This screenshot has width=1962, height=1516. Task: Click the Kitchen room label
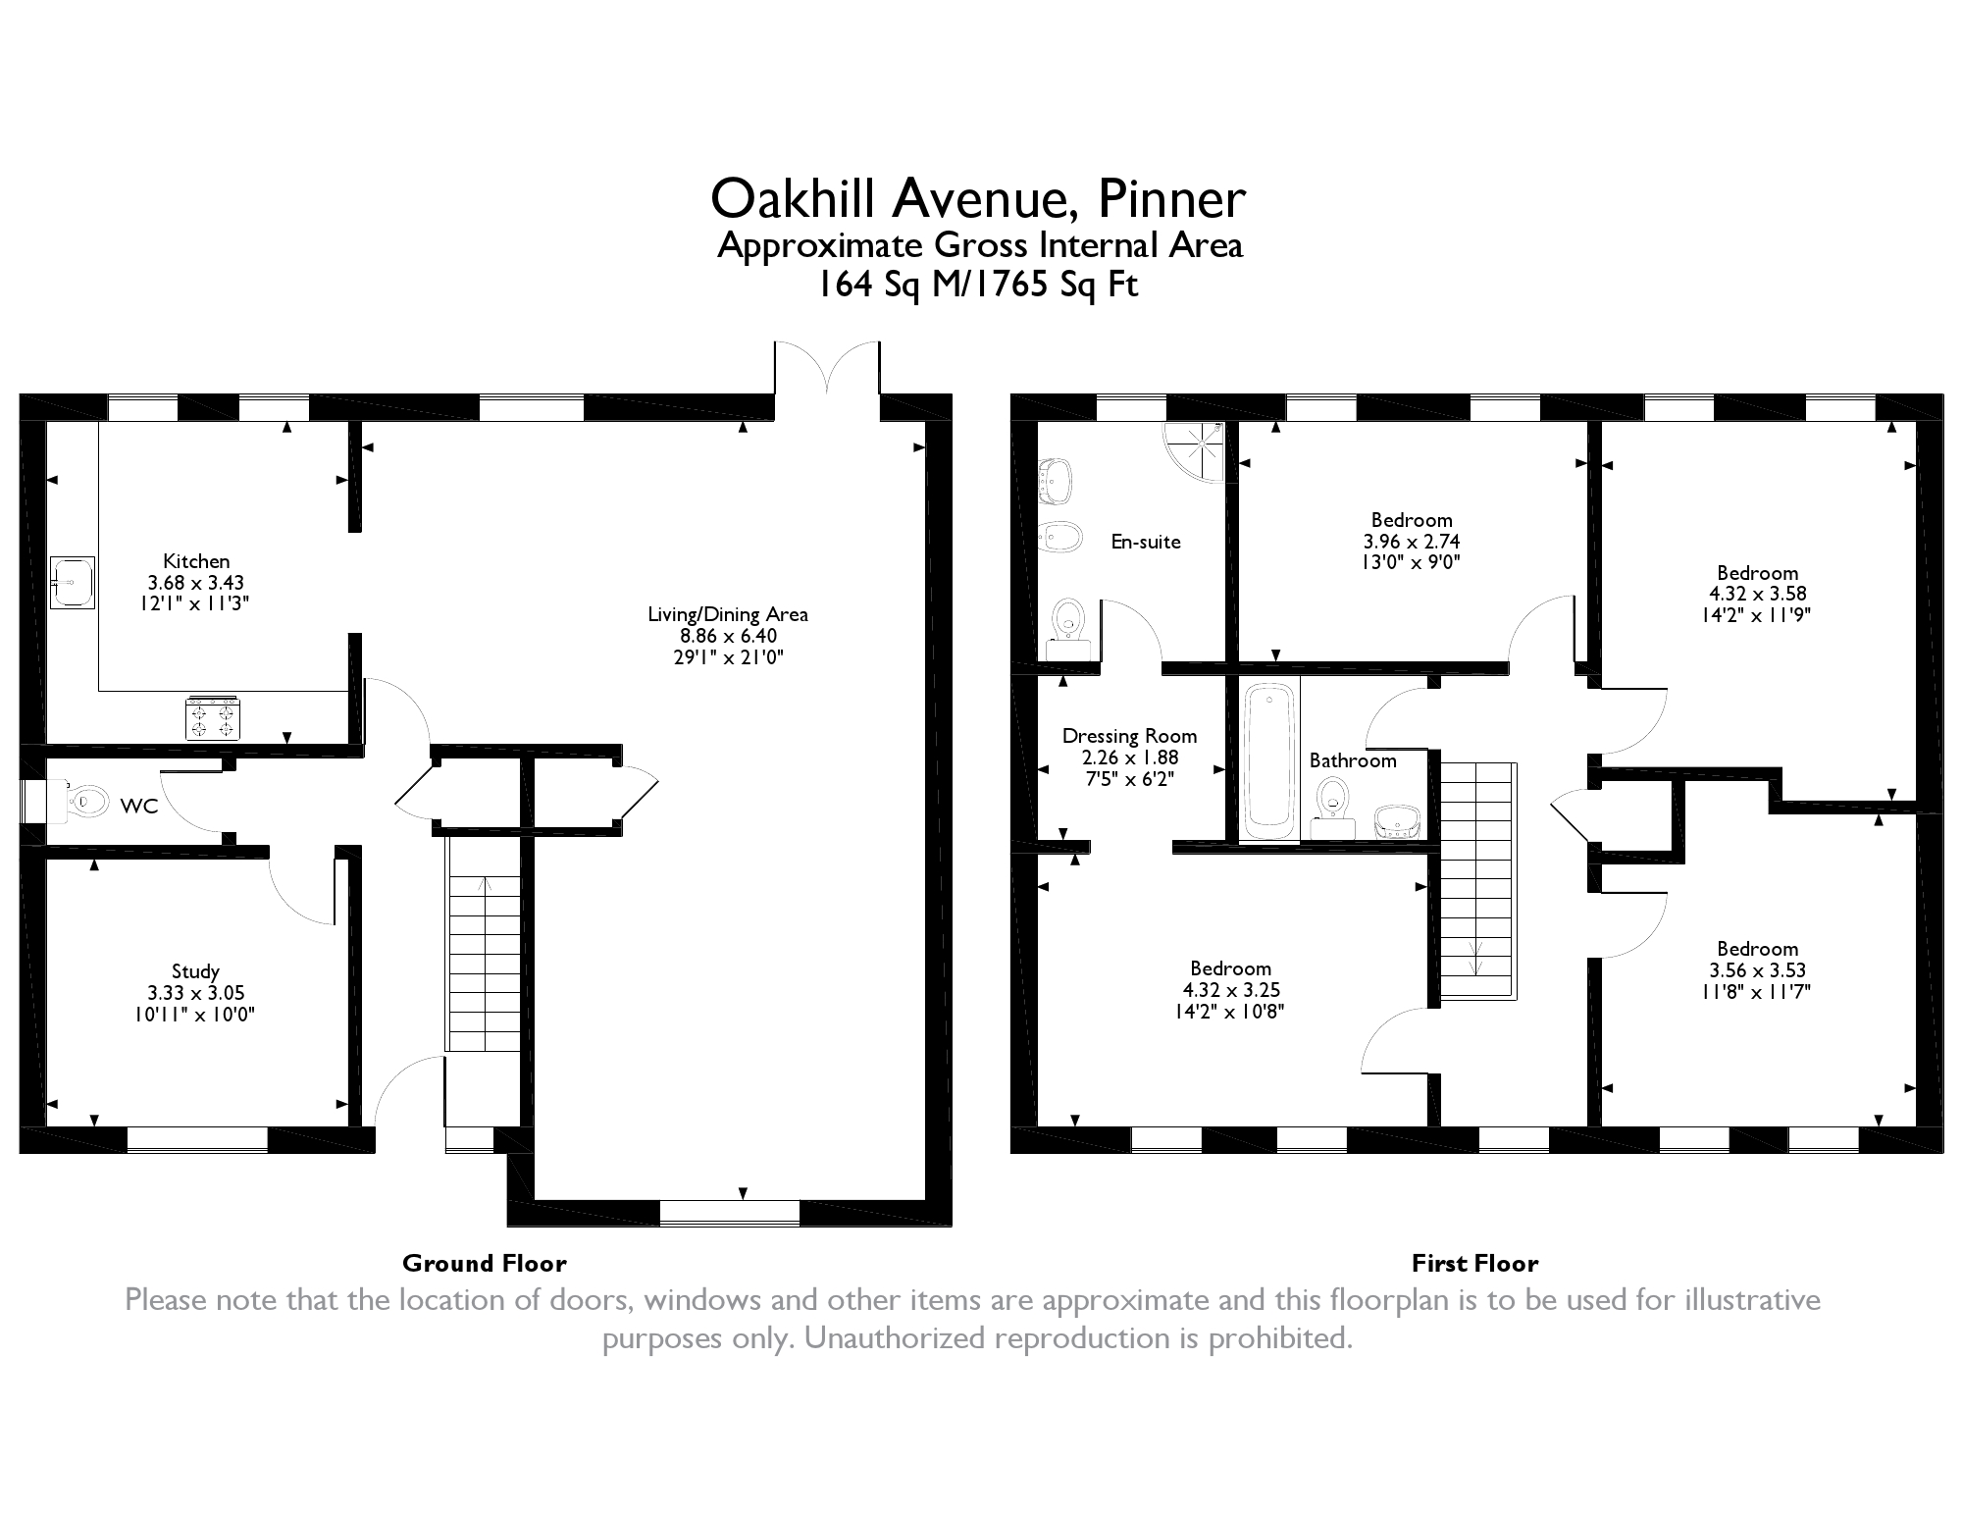point(196,561)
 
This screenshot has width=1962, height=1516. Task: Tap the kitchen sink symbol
point(73,583)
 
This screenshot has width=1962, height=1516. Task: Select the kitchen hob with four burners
point(213,716)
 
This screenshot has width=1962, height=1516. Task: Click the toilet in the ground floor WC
point(82,802)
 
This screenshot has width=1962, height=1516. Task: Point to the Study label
point(195,971)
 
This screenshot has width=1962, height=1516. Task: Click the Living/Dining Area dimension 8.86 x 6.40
point(729,636)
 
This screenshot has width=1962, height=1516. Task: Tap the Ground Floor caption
point(485,1263)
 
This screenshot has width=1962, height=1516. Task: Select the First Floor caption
point(1475,1263)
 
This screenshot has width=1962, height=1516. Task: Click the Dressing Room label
point(1129,736)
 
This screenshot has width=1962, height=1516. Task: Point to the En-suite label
point(1146,542)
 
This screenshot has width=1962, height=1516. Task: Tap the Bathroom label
point(1353,760)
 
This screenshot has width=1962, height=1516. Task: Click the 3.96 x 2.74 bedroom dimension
point(1412,541)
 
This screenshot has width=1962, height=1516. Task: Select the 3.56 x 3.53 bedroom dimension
point(1757,970)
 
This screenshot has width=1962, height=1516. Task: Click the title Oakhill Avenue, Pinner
point(978,198)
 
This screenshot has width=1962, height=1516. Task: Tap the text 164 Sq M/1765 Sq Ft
point(978,285)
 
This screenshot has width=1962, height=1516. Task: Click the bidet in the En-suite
point(1059,536)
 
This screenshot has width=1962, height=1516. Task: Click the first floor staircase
point(1478,881)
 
